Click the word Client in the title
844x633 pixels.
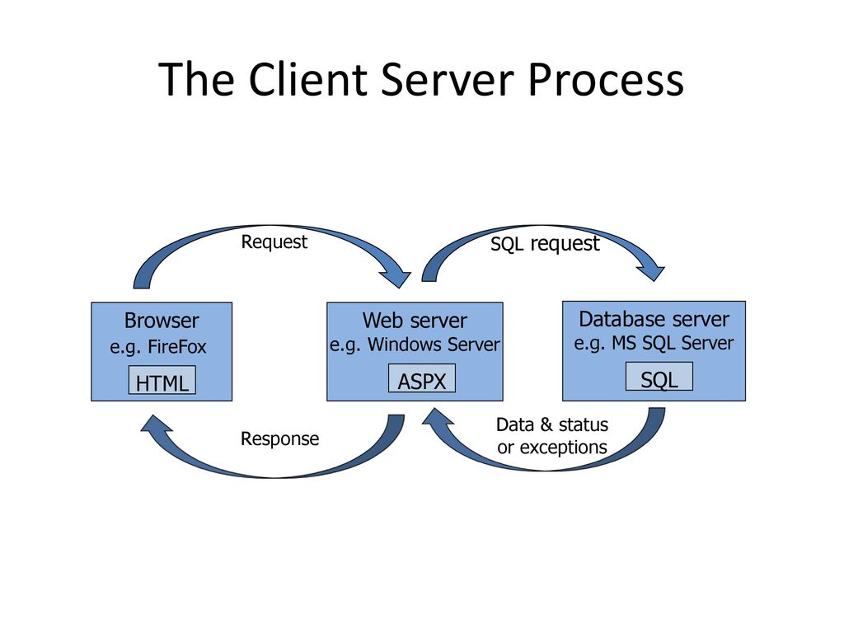(x=308, y=79)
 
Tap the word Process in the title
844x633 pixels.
(x=606, y=79)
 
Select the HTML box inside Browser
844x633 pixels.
(x=162, y=380)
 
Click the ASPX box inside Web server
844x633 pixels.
(x=422, y=378)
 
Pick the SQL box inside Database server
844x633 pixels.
(x=659, y=376)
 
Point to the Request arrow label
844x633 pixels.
(x=274, y=242)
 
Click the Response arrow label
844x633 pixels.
(x=280, y=438)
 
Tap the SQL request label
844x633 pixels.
(x=545, y=244)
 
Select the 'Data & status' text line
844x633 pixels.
(x=552, y=424)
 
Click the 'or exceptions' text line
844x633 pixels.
(x=552, y=448)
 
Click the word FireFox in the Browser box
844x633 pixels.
(x=177, y=347)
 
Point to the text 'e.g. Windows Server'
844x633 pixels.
(x=415, y=345)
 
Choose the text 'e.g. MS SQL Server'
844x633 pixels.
(x=654, y=343)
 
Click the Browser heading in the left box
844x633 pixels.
(x=162, y=321)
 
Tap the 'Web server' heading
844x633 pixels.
(x=415, y=321)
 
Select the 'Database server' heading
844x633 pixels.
(x=654, y=319)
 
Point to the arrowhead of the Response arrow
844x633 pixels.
(x=155, y=425)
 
